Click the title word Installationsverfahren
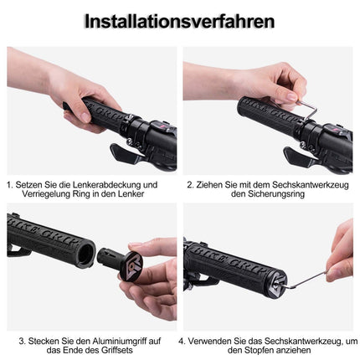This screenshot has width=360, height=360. pos(180,21)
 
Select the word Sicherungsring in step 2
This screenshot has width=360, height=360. pos(265,194)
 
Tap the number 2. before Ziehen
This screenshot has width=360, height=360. pos(190,183)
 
